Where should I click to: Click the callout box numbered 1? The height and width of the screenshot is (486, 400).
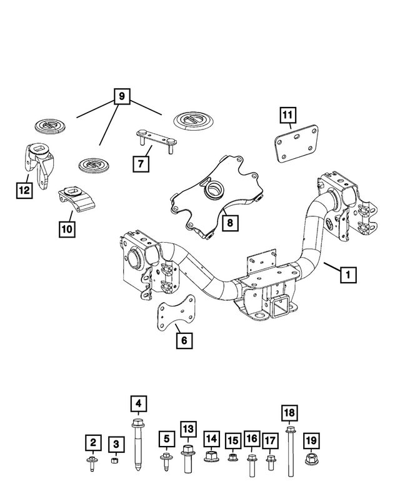(x=348, y=273)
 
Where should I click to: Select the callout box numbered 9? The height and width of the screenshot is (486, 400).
(x=121, y=96)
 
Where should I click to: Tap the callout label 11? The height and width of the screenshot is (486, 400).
(x=288, y=115)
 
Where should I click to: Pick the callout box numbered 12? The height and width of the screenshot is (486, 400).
(x=23, y=188)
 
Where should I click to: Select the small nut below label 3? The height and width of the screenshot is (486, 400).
(x=115, y=462)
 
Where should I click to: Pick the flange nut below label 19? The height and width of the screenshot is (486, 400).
(x=311, y=460)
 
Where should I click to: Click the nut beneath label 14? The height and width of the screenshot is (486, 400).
(x=211, y=458)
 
